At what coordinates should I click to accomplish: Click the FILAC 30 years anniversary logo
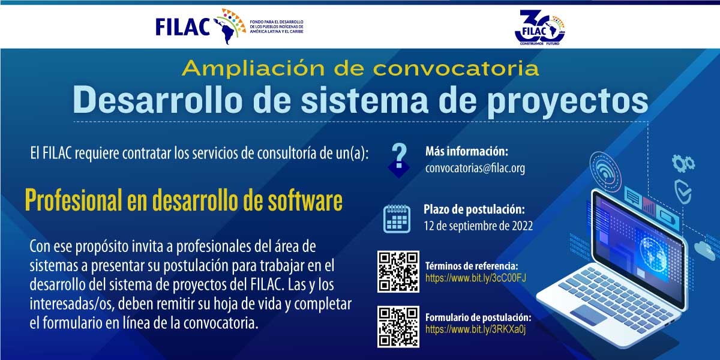pos(540,28)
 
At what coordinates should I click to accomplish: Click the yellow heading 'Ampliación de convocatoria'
pos(360,68)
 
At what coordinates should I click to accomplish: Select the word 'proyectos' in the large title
pos(568,101)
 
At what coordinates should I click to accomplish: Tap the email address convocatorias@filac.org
pos(475,168)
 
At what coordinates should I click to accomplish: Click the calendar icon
pos(397,218)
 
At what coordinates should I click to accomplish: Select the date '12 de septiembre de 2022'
pos(478,226)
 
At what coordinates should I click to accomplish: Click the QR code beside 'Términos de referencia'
pos(398,272)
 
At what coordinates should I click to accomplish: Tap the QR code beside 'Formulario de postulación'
pos(398,327)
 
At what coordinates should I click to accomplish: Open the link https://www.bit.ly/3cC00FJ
pos(476,278)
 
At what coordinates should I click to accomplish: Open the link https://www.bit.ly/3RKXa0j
pos(476,329)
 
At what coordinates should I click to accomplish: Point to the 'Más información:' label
pos(467,151)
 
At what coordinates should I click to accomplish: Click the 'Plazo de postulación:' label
pos(475,209)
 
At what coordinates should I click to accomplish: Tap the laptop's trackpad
pos(588,314)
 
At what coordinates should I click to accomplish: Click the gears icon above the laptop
pos(683,163)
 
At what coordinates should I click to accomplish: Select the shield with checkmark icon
pos(683,191)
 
